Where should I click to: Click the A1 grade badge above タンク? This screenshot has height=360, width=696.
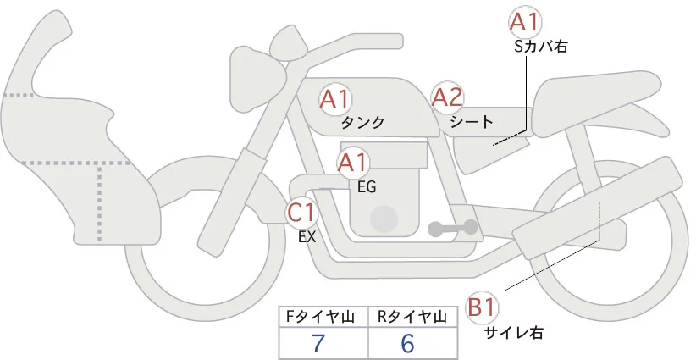(336, 98)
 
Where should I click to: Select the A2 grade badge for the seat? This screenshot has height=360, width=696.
(447, 98)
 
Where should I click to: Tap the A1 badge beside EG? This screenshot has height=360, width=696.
(353, 162)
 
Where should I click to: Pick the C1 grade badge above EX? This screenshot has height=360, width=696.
(301, 210)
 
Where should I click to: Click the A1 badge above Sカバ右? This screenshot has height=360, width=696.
(525, 22)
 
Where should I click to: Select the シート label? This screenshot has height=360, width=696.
(471, 123)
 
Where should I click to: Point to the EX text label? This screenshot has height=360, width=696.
(307, 237)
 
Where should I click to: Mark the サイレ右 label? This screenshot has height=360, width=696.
(513, 333)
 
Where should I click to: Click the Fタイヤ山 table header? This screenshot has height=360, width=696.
(323, 317)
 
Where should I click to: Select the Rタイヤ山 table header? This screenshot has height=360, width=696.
(413, 317)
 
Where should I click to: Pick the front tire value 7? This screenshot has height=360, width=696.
(318, 343)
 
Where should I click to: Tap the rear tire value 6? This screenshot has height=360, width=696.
(407, 343)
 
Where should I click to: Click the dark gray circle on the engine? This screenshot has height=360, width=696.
(386, 219)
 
